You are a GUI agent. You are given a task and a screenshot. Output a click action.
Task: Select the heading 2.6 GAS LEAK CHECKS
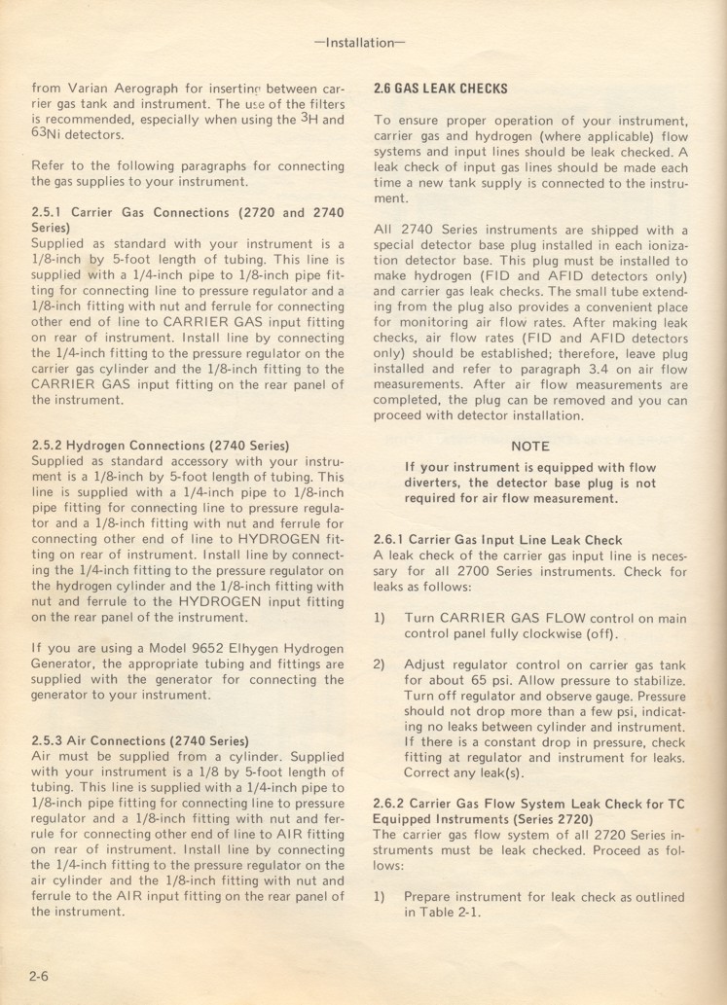(x=440, y=89)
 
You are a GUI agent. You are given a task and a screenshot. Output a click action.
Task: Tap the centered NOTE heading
(x=530, y=447)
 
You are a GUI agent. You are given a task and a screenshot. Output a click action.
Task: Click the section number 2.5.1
(x=49, y=212)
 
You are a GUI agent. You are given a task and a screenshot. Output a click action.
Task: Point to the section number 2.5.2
(x=50, y=446)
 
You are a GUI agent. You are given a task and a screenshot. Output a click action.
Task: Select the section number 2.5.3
(x=50, y=740)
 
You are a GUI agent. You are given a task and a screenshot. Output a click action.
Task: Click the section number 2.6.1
(x=391, y=540)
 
